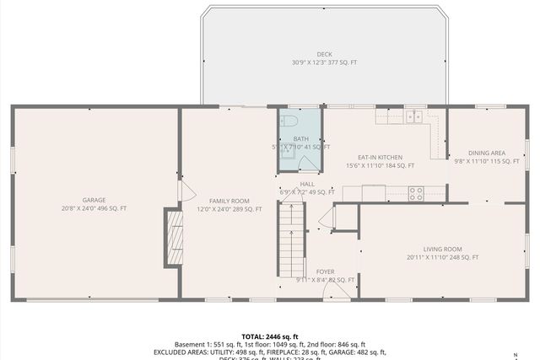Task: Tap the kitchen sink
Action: (414, 117)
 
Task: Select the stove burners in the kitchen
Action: (416, 193)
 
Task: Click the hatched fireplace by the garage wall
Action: (174, 238)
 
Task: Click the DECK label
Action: (324, 55)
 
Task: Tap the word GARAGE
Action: (94, 200)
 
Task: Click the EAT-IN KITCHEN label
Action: (380, 158)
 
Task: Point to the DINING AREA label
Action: (487, 153)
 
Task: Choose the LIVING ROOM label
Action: (442, 249)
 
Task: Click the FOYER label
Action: (326, 271)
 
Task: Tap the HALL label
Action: (307, 184)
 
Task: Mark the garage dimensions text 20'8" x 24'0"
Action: (94, 208)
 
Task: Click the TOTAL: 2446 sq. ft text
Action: (269, 336)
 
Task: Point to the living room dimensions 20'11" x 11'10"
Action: (442, 257)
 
